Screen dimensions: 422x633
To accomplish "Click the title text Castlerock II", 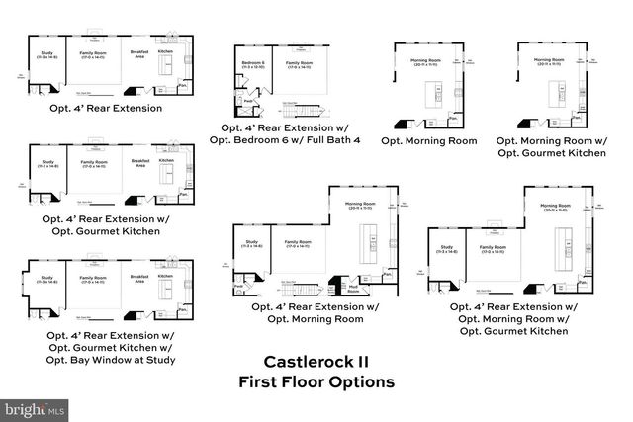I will coord(316,362).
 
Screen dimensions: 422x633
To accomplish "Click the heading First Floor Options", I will coord(316,381).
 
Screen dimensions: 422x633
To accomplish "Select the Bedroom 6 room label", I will coord(252,63).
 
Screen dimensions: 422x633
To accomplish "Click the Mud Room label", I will coord(353,288).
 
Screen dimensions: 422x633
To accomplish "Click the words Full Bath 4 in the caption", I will coord(333,140).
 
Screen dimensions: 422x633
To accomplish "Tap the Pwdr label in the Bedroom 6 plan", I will coord(248,101).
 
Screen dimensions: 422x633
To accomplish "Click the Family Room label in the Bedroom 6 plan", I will coord(300,63).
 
